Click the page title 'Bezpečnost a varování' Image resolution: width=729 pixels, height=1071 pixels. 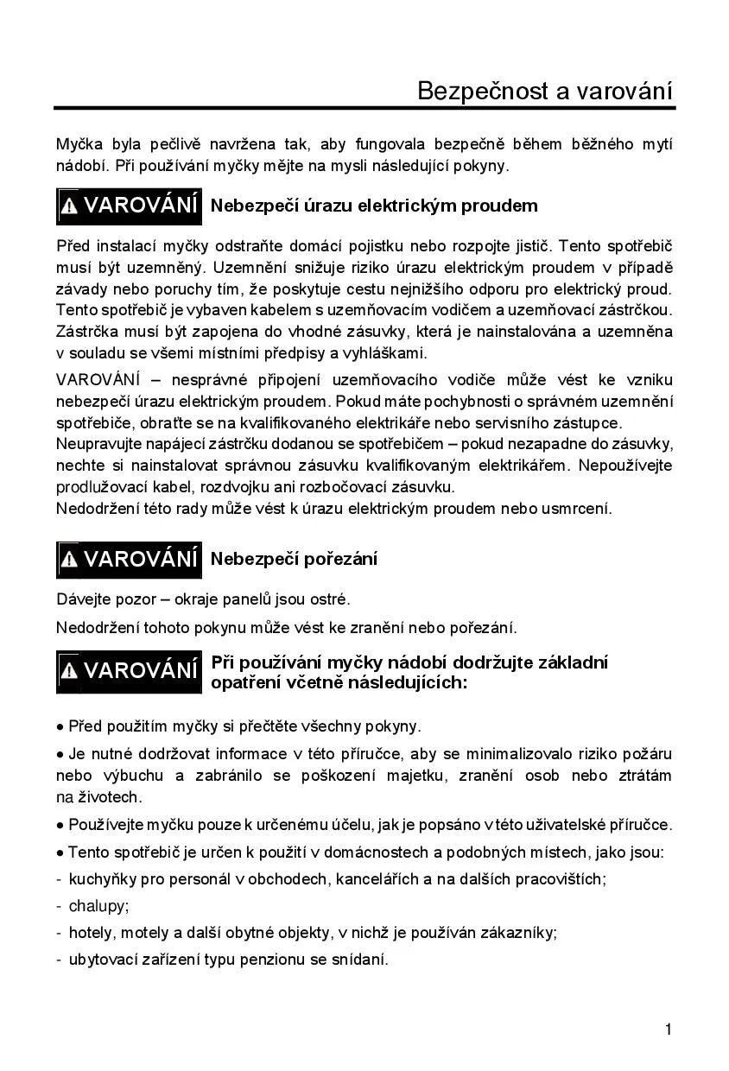544,91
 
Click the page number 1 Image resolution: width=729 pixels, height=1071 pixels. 669,1029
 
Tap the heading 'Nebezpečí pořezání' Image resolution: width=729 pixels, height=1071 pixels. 294,559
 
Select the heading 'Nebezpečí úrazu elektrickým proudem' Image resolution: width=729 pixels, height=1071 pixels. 374,206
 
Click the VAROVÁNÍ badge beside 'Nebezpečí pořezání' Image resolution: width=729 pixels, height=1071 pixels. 130,560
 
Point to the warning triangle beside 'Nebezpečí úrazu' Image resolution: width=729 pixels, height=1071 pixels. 70,207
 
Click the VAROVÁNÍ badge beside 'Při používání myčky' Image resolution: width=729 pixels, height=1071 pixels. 130,671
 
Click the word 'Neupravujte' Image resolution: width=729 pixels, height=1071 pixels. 98,444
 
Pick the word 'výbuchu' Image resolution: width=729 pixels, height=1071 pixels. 117,776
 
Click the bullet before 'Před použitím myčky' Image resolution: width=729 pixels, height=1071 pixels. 60,726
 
